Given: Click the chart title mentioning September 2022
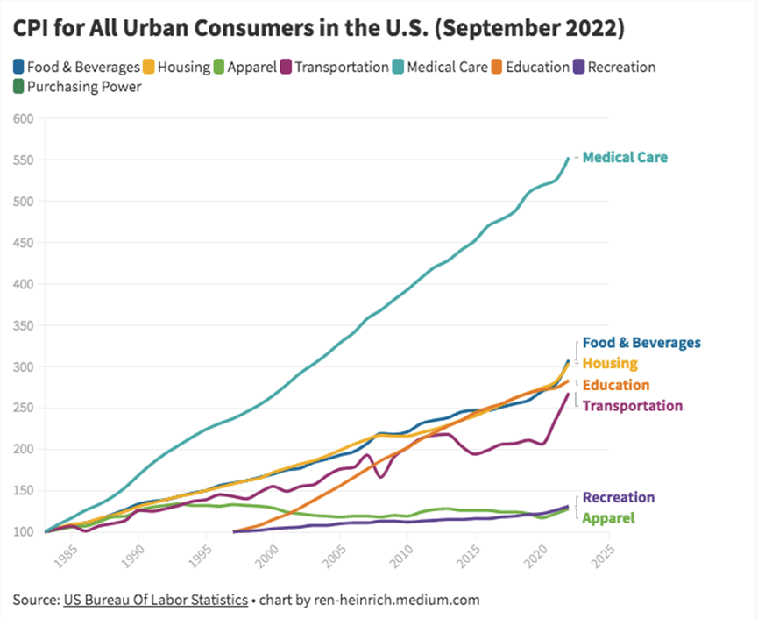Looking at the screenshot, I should click(319, 28).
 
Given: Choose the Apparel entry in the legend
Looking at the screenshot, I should click(251, 67).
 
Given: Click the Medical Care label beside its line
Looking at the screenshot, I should click(625, 158).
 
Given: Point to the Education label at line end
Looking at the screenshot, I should click(616, 385).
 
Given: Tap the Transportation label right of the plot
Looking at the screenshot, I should click(632, 406).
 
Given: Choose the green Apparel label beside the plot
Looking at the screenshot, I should click(608, 517).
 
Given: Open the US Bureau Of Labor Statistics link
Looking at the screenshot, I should click(155, 601).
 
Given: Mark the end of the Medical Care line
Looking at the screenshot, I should click(568, 159).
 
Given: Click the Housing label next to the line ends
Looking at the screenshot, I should click(610, 363).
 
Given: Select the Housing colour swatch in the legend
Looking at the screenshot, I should click(150, 67).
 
